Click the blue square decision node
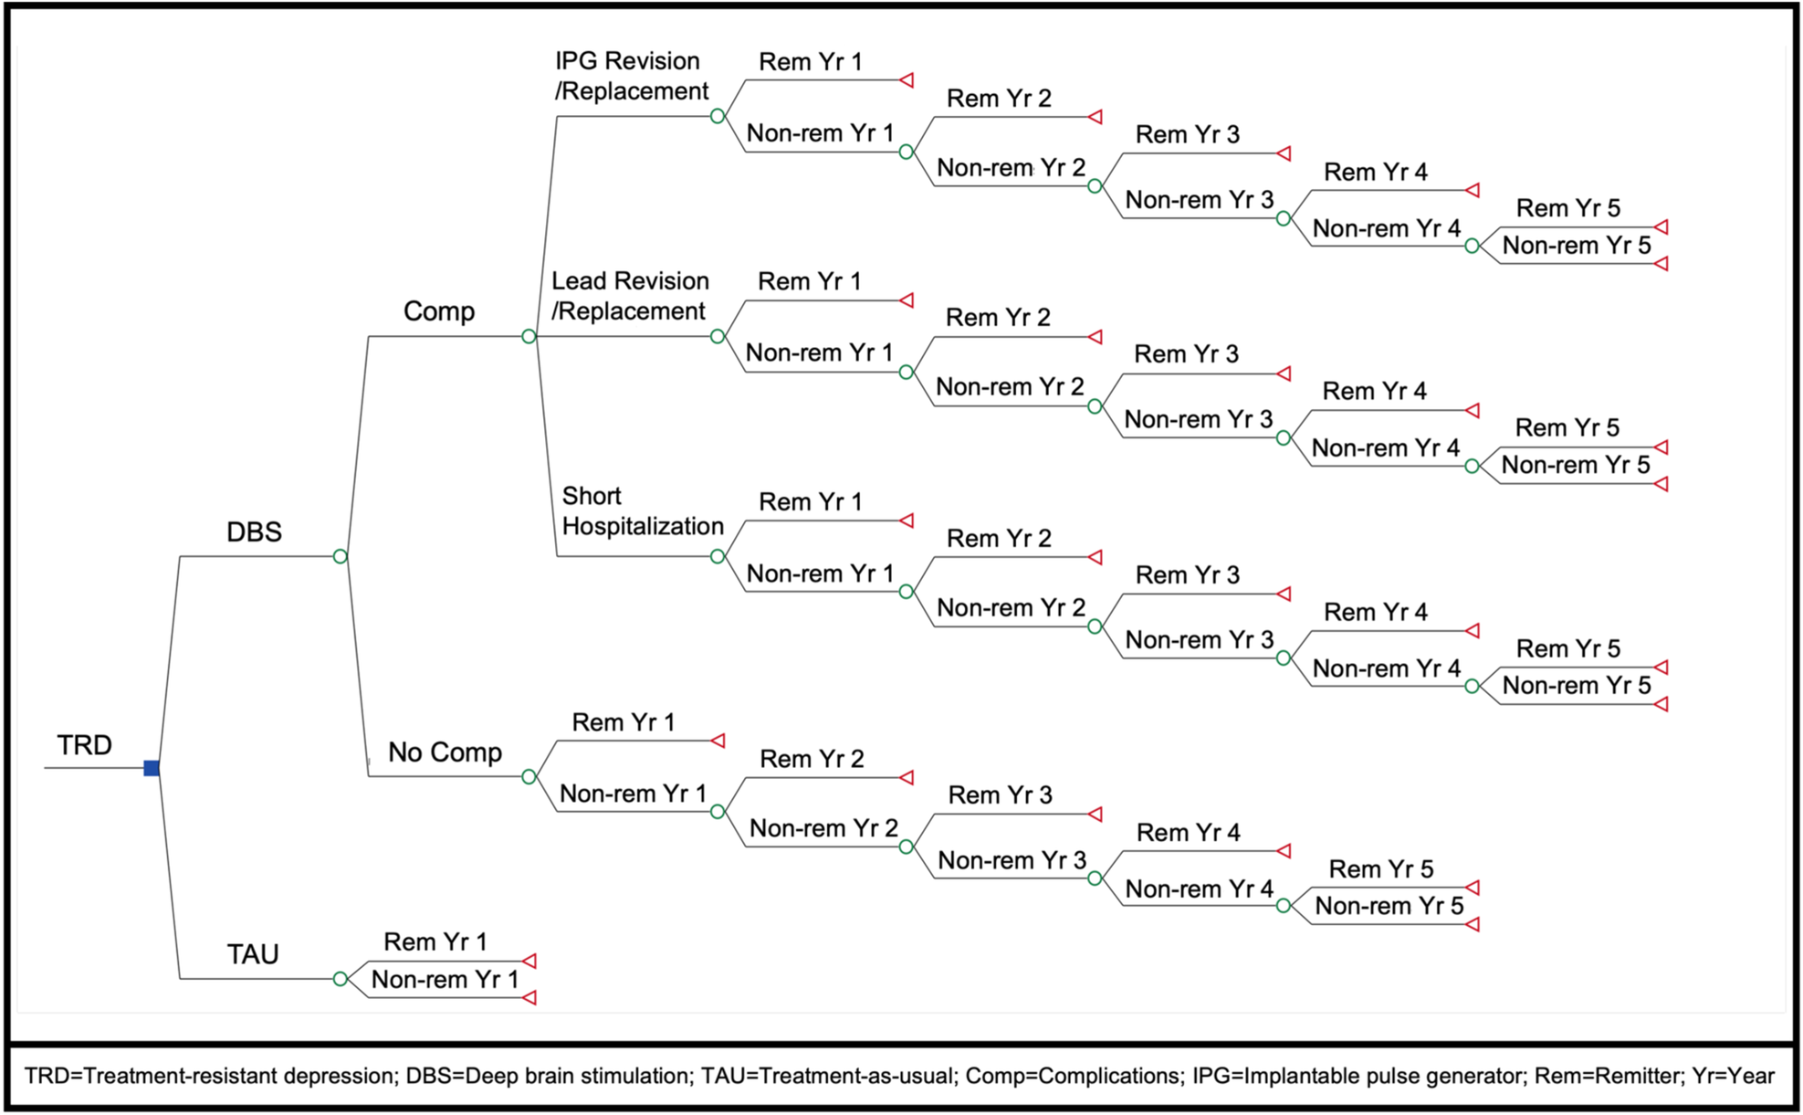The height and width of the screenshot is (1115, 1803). pos(152,768)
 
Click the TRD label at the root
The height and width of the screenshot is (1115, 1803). pos(84,745)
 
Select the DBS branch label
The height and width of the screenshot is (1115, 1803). pos(254,531)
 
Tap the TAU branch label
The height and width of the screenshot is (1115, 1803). pos(252,954)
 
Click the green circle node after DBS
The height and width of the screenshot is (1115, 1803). pos(340,556)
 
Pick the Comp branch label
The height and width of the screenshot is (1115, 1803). pos(438,311)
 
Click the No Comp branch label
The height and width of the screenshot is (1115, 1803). pos(445,752)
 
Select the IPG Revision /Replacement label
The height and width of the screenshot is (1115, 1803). pos(631,76)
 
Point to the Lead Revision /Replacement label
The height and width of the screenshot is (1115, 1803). pos(629,296)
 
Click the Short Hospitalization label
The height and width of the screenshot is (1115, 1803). pos(641,511)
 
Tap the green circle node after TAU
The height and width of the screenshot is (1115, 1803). pos(340,979)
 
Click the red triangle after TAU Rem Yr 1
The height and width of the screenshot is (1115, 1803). pos(529,961)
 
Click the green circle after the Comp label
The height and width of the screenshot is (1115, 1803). pos(529,336)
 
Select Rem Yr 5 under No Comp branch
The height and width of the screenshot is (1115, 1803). pos(1380,869)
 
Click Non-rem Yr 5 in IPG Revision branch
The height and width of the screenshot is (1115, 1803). pos(1577,246)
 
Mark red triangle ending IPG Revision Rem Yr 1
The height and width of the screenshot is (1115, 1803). pos(907,80)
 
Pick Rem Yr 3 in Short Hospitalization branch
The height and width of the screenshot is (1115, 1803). pos(1187,575)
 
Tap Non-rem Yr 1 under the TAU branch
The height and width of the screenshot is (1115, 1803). pos(445,980)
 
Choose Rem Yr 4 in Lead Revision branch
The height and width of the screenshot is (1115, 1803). pos(1374,392)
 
